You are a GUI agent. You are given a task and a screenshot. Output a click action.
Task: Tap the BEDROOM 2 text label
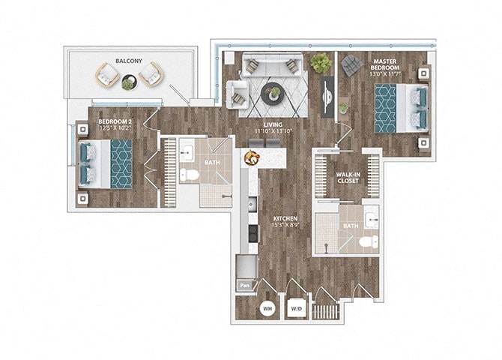115,121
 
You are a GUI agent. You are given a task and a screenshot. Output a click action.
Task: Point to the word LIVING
272,124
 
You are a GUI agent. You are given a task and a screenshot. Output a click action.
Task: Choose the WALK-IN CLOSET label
347,178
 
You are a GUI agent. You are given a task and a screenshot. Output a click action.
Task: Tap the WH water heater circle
267,308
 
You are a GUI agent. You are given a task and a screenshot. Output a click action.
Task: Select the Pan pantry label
244,285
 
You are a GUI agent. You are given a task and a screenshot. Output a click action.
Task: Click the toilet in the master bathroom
367,242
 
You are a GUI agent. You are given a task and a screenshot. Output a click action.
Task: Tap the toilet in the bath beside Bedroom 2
188,175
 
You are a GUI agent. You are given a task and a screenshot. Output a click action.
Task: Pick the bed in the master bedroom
401,107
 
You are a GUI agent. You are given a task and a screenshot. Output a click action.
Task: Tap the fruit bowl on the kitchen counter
250,157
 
